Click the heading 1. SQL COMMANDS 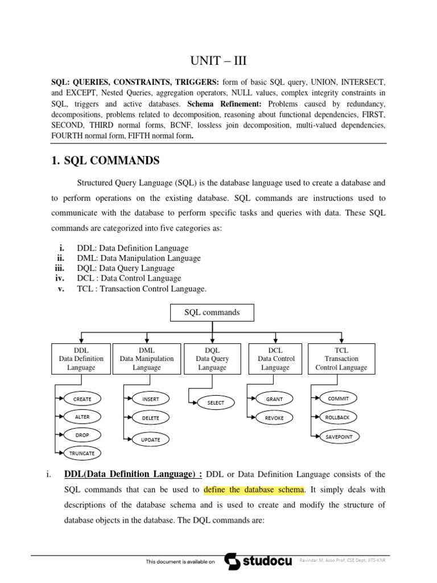(x=105, y=161)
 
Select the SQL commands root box (x=212, y=313)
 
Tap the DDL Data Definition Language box (x=81, y=359)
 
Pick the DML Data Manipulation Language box (x=147, y=359)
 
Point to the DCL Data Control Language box (x=276, y=359)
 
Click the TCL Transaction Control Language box (x=341, y=359)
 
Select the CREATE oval (x=82, y=398)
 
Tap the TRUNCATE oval (x=82, y=453)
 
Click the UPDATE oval (x=150, y=440)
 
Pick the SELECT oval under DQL (x=216, y=403)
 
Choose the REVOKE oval (x=274, y=417)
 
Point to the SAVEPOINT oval (x=338, y=436)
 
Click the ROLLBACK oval (x=338, y=417)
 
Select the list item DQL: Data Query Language (x=129, y=268)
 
